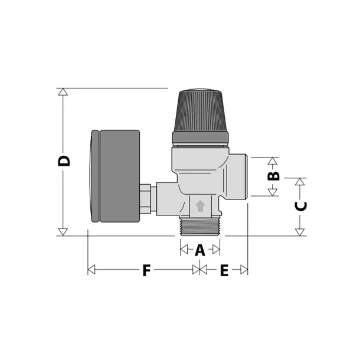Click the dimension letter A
pos(199,250)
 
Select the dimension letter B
pos(273,176)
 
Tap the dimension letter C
pos(300,206)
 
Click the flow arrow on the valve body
pos(200,207)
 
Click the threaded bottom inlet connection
pos(200,227)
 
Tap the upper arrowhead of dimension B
pos(273,161)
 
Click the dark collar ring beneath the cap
pos(200,138)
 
